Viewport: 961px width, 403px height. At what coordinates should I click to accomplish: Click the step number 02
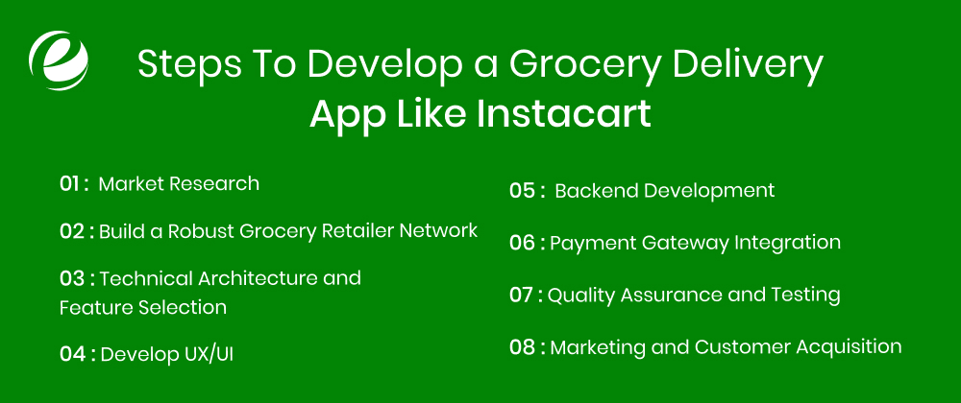click(72, 230)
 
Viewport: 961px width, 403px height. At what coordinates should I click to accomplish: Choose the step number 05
click(522, 190)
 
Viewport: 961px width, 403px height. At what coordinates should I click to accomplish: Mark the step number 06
click(522, 243)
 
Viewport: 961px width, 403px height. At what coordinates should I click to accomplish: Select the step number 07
click(521, 295)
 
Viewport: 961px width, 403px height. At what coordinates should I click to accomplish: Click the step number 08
click(522, 346)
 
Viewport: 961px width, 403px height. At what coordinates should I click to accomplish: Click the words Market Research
click(179, 183)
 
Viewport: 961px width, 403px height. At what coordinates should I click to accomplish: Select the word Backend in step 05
click(596, 190)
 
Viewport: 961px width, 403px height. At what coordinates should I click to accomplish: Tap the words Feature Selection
click(143, 307)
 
